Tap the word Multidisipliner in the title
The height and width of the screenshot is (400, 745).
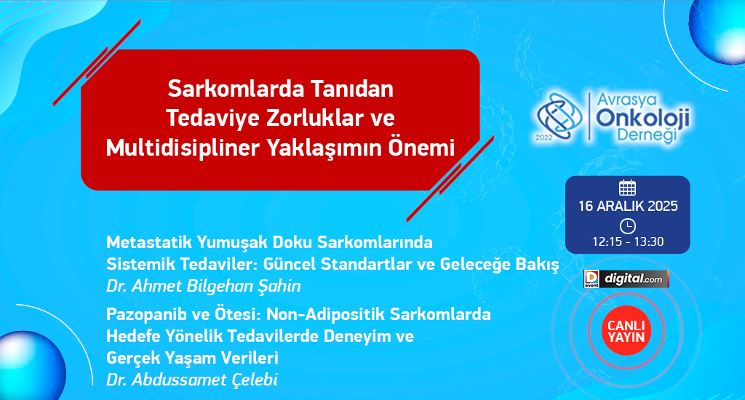183,148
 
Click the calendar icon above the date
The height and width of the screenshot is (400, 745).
627,188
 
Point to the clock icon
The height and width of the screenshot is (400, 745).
628,226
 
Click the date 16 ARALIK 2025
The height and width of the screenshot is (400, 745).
628,206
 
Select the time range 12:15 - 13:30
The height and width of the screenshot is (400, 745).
628,241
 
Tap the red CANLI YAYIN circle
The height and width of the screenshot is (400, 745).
626,331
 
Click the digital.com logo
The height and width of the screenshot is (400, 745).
626,279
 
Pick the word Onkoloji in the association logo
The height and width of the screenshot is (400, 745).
643,119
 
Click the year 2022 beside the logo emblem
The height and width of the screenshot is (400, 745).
544,137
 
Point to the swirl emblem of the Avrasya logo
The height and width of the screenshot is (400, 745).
559,116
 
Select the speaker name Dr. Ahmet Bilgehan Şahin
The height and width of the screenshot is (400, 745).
204,286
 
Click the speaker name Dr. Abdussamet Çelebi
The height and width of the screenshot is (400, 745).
192,380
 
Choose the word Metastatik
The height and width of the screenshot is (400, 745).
149,242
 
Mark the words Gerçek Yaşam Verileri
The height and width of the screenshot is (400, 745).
192,358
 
